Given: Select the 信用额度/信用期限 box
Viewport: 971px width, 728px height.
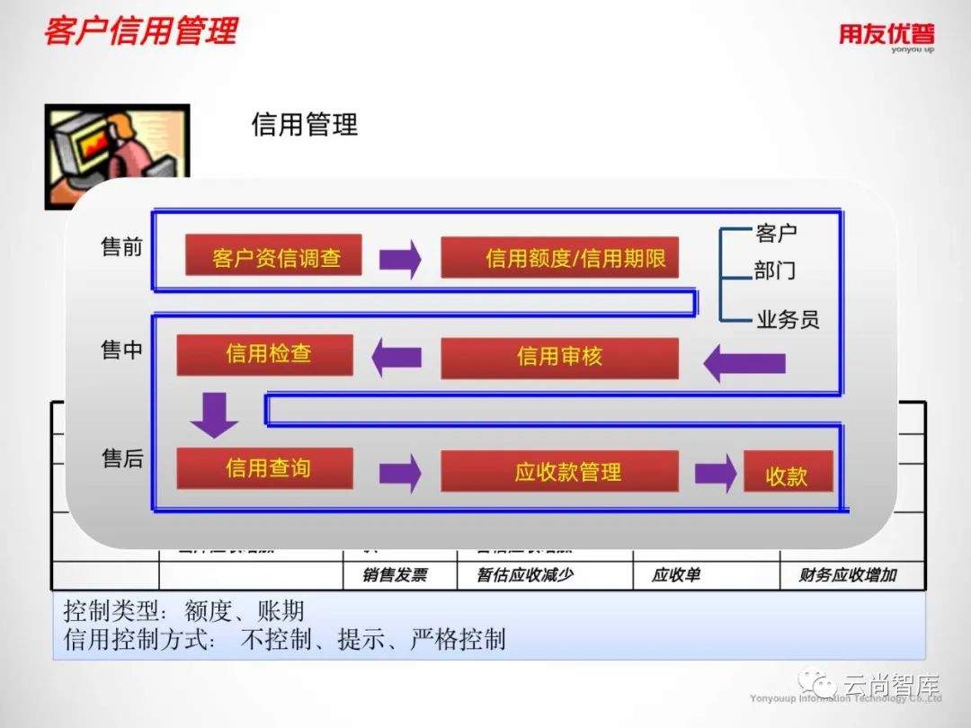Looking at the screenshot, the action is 559,257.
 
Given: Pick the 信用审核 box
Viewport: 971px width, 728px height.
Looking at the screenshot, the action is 559,358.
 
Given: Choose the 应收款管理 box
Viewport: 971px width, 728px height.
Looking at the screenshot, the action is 559,472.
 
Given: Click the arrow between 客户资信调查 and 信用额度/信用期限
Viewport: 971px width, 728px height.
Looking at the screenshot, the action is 400,259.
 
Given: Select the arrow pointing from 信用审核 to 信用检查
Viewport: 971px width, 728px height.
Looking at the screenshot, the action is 396,357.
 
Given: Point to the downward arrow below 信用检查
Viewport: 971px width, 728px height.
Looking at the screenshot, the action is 215,414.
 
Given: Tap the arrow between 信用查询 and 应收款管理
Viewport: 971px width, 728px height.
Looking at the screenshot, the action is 400,473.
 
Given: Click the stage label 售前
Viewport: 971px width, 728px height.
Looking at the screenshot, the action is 122,247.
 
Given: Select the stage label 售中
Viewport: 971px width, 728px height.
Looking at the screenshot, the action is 122,350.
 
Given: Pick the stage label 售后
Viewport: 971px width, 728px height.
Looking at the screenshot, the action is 122,458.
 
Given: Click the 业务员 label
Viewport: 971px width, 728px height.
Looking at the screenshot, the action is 788,319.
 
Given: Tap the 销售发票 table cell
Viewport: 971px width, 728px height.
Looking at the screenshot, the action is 395,575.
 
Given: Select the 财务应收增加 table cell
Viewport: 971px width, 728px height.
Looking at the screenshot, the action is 848,575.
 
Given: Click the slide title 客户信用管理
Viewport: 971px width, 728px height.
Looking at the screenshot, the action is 141,31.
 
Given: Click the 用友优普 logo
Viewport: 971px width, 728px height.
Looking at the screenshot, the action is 886,36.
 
